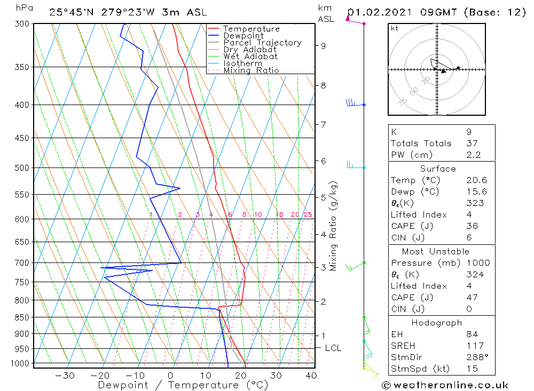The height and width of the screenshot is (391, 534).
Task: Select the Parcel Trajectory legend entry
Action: [262, 43]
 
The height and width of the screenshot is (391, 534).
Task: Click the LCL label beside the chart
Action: [333, 348]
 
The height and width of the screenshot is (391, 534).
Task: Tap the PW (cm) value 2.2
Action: [474, 155]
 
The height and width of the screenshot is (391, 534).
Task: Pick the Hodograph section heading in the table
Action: [437, 323]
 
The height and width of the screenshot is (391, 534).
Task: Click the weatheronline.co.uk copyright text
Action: [445, 385]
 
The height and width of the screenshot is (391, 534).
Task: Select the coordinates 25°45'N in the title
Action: [70, 12]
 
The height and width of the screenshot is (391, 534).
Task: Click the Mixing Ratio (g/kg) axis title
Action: [334, 226]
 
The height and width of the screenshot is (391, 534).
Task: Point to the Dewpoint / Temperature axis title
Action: [183, 385]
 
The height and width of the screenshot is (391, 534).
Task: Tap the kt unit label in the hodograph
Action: [394, 28]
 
